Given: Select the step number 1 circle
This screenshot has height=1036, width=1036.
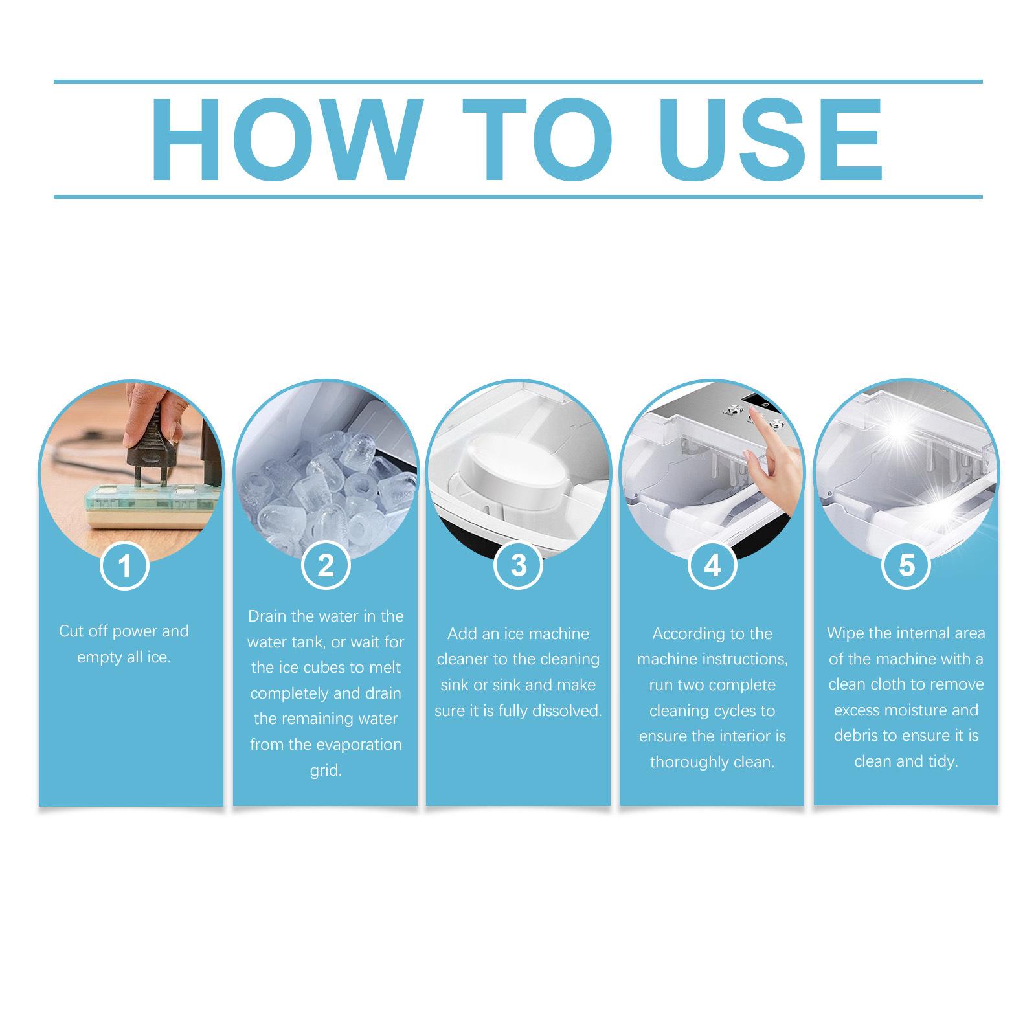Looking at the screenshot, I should click(x=124, y=567).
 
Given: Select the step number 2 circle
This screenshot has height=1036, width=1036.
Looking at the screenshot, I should click(x=326, y=565).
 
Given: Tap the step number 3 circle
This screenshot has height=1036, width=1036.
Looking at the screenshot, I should click(x=518, y=565).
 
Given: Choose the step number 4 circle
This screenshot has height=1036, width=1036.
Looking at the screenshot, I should click(x=712, y=565).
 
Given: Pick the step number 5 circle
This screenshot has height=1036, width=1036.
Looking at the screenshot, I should click(x=906, y=565).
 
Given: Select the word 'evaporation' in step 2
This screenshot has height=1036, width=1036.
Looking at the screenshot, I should click(x=362, y=745).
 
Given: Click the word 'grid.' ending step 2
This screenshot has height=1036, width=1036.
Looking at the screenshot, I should click(x=325, y=771).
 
